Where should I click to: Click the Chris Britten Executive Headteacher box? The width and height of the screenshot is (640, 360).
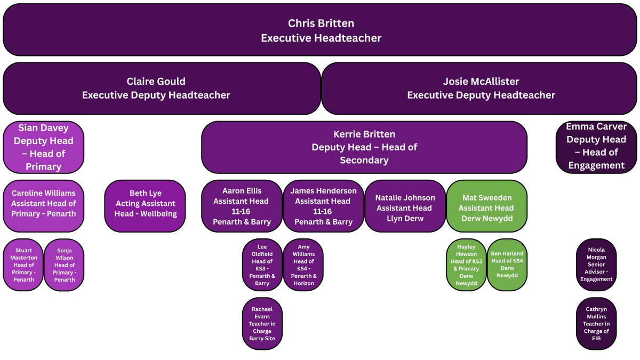pos(321,30)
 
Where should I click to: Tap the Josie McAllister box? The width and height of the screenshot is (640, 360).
pos(480,89)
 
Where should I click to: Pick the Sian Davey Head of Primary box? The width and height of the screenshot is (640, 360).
pos(43,147)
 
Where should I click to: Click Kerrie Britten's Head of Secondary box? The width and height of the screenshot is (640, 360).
pos(364,147)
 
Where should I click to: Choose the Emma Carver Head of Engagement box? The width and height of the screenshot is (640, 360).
pos(596,146)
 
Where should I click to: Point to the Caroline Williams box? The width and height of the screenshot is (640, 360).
pos(43,206)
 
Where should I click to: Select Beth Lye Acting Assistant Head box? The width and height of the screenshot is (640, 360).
pos(145,206)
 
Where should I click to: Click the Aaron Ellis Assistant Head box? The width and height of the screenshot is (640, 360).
pos(242,206)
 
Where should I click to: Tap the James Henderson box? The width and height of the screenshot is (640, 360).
pos(323,206)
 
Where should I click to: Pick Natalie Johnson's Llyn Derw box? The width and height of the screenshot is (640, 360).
pos(405,206)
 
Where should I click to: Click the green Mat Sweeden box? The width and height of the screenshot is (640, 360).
pos(486,206)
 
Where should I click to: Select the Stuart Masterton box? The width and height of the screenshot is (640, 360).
pos(23,265)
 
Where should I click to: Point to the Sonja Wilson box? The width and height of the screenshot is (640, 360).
pos(64,265)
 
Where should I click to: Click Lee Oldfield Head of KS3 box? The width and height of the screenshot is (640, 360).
pos(262,265)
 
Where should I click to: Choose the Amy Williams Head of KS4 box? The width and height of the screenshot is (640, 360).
pos(303,265)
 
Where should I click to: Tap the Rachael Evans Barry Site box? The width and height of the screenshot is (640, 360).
pos(262,323)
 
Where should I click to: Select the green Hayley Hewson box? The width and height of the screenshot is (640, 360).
pos(466,265)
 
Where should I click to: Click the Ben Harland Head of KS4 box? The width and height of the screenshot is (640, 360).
pos(507,265)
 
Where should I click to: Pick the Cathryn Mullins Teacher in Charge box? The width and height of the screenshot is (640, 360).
pos(596,323)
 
